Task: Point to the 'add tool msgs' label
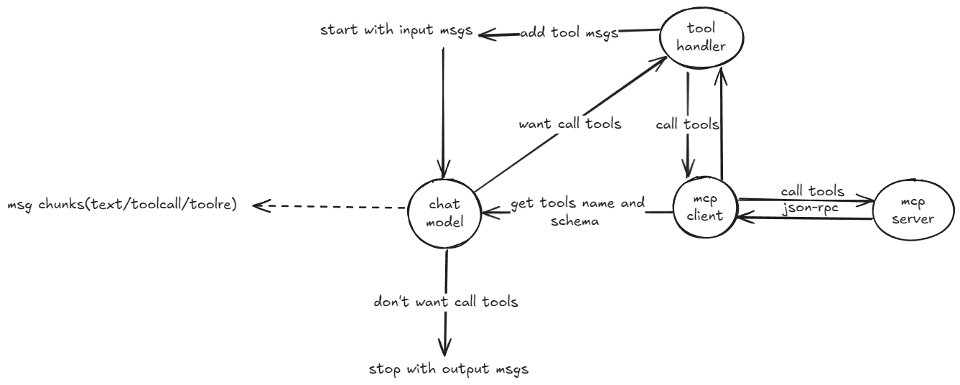point(569,34)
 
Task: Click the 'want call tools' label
point(569,124)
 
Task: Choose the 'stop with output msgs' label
point(449,370)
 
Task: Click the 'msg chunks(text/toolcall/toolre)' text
point(121,206)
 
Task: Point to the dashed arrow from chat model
point(330,207)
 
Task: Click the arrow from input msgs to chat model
point(442,108)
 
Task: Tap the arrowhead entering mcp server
point(869,203)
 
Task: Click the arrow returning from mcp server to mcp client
point(804,217)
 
